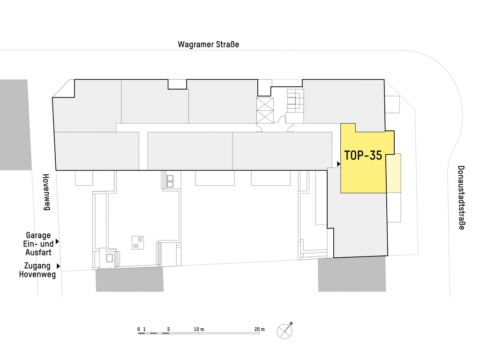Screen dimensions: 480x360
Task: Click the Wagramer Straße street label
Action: tap(209, 45)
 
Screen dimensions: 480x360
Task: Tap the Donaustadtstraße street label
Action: tap(461, 197)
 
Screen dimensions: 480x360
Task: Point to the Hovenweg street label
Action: tap(46, 192)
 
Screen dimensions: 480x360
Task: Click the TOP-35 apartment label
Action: tap(363, 155)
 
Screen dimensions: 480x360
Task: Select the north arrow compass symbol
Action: tap(285, 331)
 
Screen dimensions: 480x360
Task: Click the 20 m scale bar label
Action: tap(259, 329)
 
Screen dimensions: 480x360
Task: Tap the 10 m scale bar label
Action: tap(199, 329)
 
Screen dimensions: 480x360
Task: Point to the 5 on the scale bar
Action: tap(168, 329)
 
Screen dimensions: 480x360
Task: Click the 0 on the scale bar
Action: tap(139, 329)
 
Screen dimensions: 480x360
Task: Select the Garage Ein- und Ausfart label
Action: tap(38, 244)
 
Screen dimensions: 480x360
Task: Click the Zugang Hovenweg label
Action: tap(37, 270)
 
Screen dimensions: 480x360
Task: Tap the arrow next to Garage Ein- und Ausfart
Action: tap(57, 242)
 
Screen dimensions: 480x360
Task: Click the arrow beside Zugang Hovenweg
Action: tap(59, 266)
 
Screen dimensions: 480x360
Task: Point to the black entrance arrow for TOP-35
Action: tap(338, 164)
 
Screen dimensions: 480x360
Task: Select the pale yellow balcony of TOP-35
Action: tap(394, 173)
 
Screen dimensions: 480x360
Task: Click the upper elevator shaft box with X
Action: tap(265, 105)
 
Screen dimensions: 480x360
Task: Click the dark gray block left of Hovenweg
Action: tap(15, 125)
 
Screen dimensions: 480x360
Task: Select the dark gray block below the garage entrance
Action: tap(130, 280)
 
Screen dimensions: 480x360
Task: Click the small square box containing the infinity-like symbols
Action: tap(138, 242)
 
